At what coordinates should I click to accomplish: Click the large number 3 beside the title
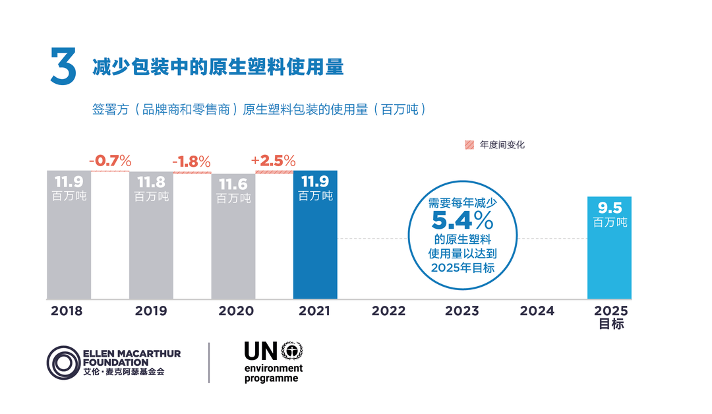coord(63,66)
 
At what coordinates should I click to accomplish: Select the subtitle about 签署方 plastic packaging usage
coord(258,109)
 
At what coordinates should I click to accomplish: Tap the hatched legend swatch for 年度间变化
coord(469,145)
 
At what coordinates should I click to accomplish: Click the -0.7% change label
coord(110,160)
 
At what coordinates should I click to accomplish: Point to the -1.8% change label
coord(192,162)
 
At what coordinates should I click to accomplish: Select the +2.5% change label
coord(274,160)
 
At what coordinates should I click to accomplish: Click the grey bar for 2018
coord(69,244)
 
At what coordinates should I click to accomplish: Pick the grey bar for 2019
coord(151,244)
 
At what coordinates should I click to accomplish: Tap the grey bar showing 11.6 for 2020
coord(233,247)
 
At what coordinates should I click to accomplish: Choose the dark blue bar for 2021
coord(315,244)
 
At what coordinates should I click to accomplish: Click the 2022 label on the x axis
coord(388,311)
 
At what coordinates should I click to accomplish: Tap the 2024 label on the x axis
coord(537,311)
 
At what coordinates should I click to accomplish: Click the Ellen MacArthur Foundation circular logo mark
coord(63,362)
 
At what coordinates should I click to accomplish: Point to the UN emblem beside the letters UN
coord(291,351)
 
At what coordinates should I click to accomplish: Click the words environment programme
coord(273,373)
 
